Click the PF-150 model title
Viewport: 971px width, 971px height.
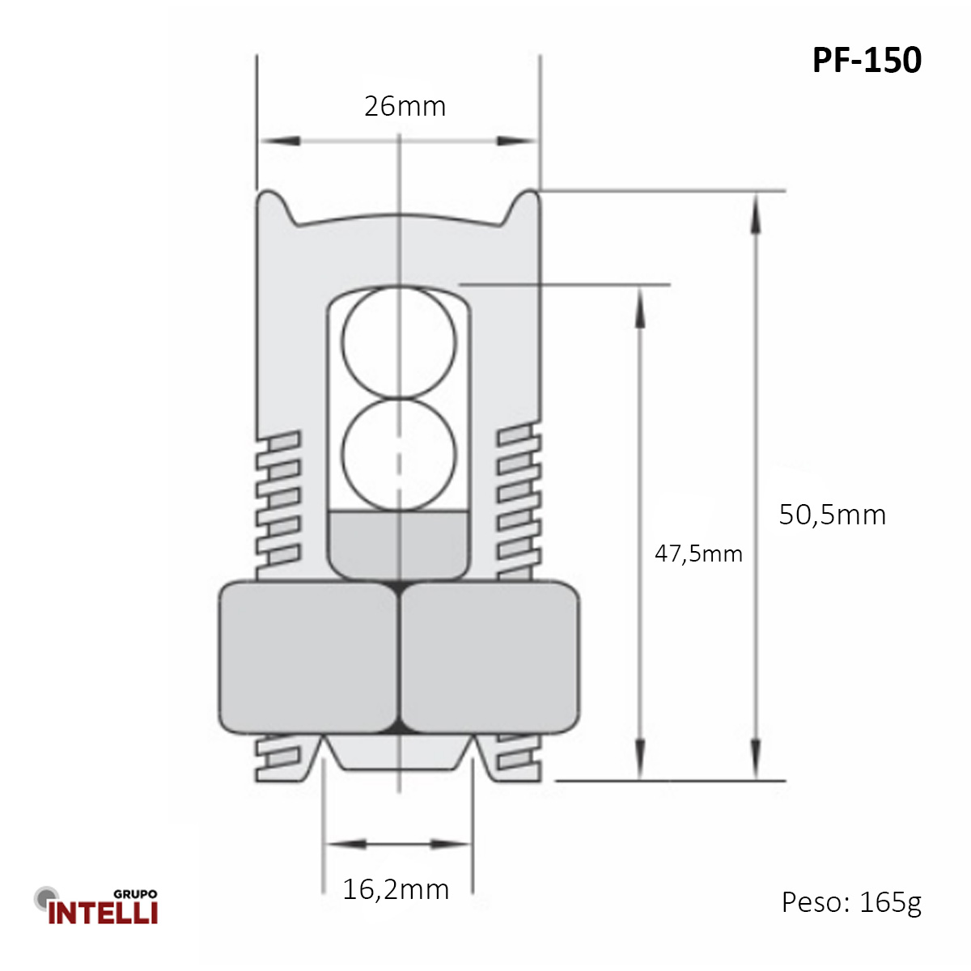coord(867,61)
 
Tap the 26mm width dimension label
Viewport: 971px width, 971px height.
coord(405,107)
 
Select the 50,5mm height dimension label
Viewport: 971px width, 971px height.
coord(832,515)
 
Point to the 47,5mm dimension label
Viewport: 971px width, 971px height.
coord(698,554)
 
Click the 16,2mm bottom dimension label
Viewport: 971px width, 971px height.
coord(396,890)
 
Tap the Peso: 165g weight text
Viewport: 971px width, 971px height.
coord(851,902)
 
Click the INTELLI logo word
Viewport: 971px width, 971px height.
coord(103,913)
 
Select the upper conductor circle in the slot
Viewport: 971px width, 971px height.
coord(399,341)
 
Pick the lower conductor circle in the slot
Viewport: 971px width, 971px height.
coord(399,454)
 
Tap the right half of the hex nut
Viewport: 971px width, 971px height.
coord(490,657)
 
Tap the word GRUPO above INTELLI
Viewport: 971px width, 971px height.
coord(135,894)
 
